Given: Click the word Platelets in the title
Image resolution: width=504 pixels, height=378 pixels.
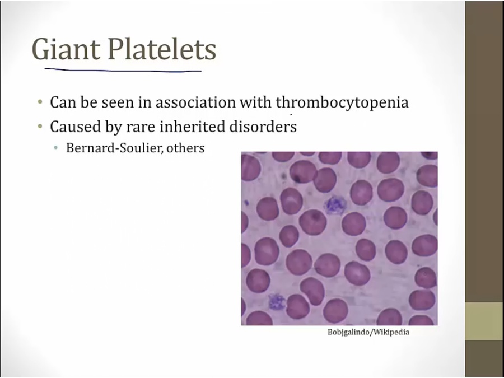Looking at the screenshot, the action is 162,49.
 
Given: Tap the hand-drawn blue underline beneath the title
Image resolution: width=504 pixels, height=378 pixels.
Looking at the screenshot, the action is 123,70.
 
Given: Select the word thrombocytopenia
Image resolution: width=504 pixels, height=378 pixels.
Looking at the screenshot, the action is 342,102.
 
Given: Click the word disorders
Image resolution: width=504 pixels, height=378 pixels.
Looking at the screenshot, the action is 263,127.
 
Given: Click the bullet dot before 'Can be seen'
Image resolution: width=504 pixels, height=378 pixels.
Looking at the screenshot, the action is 40,102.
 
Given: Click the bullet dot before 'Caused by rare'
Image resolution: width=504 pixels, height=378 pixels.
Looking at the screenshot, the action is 40,127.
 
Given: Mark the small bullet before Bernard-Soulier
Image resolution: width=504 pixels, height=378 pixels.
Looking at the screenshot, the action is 56,148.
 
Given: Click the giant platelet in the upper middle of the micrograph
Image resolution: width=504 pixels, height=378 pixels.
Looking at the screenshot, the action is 336,205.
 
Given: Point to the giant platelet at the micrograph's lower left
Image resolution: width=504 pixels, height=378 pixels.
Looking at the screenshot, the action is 277,302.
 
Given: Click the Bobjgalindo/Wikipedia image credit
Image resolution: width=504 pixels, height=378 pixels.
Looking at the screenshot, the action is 368,332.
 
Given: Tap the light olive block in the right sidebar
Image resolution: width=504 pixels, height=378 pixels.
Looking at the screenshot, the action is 484,321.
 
